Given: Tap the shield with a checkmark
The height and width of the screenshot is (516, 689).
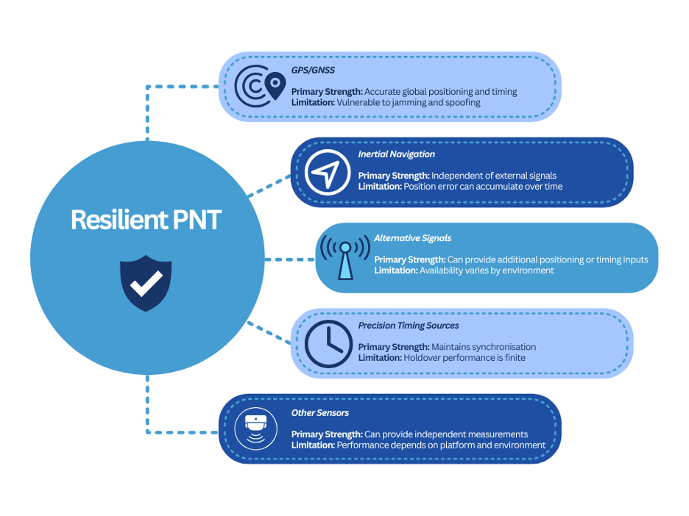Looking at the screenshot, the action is [146, 283].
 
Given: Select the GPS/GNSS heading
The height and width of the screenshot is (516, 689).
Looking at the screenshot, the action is [313, 71].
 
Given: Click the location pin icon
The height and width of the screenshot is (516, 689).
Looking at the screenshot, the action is [275, 85].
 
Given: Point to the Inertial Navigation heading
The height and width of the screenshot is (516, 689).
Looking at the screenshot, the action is [396, 154].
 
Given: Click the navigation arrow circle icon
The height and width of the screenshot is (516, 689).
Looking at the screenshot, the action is [328, 173].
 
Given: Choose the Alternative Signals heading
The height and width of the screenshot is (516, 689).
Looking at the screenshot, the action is [413, 238].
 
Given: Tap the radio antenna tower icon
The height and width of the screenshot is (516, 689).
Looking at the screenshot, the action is [345, 257].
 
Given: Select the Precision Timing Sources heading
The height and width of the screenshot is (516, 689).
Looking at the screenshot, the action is [409, 326].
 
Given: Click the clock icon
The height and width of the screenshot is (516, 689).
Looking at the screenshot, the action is [328, 344].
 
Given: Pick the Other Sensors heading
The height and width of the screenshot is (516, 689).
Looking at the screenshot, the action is [320, 413].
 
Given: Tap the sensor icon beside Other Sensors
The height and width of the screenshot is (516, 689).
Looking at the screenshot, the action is [255, 429].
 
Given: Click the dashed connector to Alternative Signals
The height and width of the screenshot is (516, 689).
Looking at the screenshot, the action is [290, 259].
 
